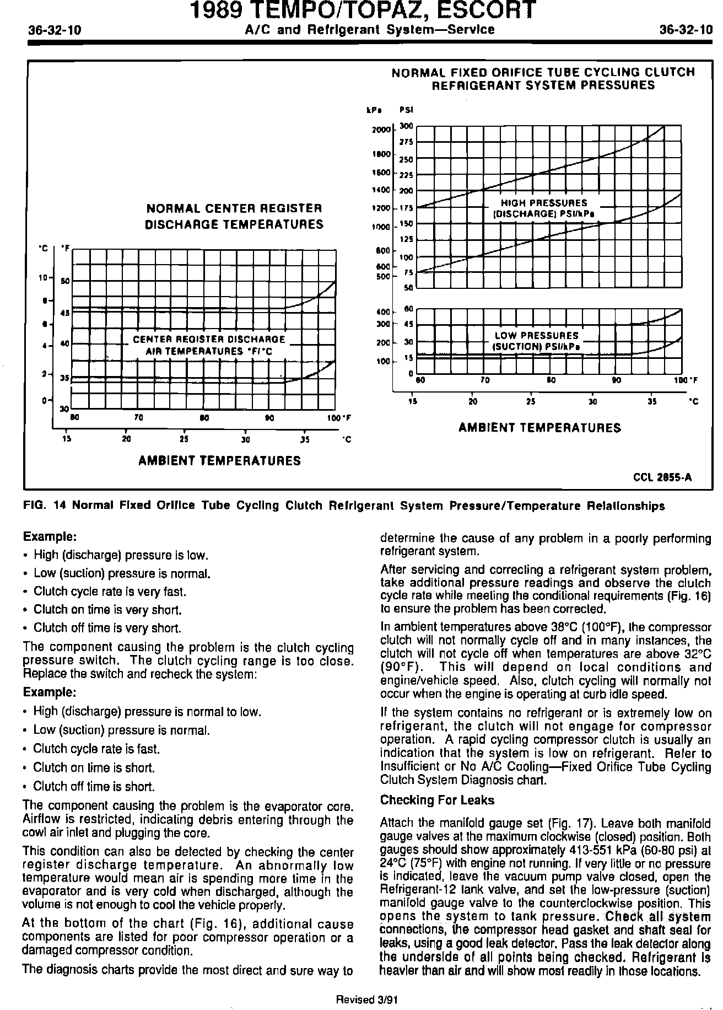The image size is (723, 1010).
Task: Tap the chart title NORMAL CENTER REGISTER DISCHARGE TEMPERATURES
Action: click(x=234, y=217)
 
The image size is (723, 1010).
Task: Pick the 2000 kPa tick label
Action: click(x=381, y=130)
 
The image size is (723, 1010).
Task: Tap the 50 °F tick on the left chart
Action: click(x=65, y=281)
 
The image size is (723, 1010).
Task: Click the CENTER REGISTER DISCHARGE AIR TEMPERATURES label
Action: click(x=209, y=345)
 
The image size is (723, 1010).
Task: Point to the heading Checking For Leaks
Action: click(x=437, y=801)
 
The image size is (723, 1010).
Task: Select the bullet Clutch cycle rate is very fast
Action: click(x=110, y=592)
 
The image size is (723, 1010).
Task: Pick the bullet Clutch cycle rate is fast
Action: click(x=96, y=749)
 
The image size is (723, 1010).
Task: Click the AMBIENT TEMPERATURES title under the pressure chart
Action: click(x=539, y=428)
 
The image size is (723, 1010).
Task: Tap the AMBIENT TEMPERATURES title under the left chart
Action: click(x=219, y=461)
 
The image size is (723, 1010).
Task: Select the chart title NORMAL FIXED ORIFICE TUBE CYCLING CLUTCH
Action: click(x=543, y=72)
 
